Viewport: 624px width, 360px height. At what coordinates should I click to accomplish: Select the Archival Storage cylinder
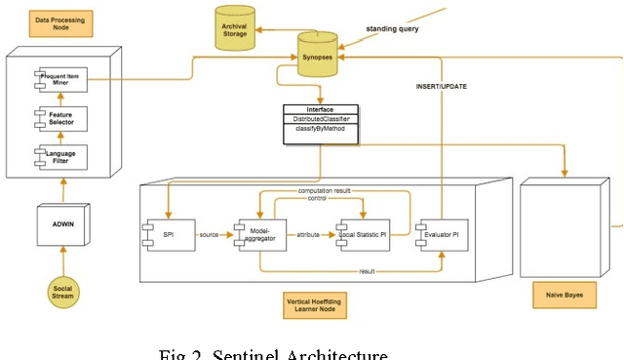point(234,29)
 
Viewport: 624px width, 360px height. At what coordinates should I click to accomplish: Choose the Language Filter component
point(60,156)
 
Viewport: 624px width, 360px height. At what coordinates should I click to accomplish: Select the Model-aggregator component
point(259,235)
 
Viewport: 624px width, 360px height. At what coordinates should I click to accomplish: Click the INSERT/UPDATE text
point(441,87)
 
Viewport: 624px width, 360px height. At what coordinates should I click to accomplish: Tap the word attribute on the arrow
point(308,235)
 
